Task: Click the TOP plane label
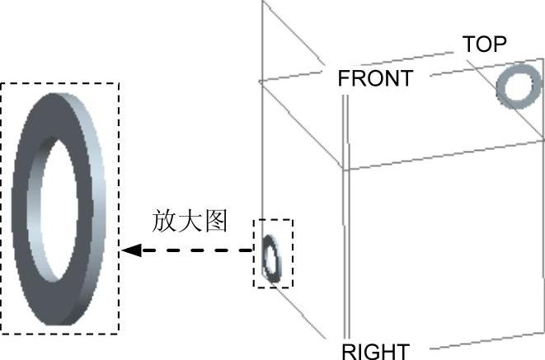(x=484, y=44)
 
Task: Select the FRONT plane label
(x=374, y=79)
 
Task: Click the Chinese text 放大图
(x=189, y=222)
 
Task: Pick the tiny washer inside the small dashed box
(x=271, y=257)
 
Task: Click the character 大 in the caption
(x=189, y=222)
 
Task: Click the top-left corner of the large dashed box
(x=2, y=83)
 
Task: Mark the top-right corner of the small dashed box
(x=292, y=219)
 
